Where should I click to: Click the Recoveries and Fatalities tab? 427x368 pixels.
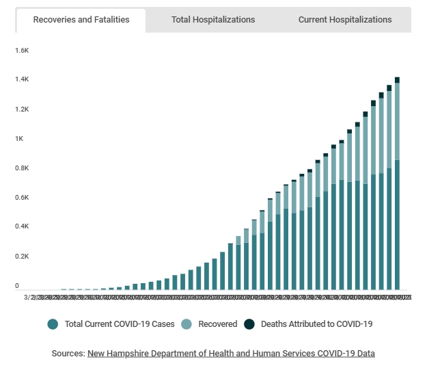point(81,20)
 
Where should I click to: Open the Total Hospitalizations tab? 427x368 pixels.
point(213,20)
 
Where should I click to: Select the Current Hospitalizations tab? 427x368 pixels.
point(345,20)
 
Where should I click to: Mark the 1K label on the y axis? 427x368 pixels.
point(19,139)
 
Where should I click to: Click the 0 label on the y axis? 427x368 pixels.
point(17,285)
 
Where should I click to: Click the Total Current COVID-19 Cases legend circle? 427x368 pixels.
point(53,324)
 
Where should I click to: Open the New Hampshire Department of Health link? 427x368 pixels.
point(231,354)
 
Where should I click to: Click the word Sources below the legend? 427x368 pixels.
point(68,354)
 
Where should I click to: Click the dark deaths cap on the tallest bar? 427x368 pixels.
point(397,80)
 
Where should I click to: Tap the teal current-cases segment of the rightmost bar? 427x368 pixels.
point(397,226)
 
